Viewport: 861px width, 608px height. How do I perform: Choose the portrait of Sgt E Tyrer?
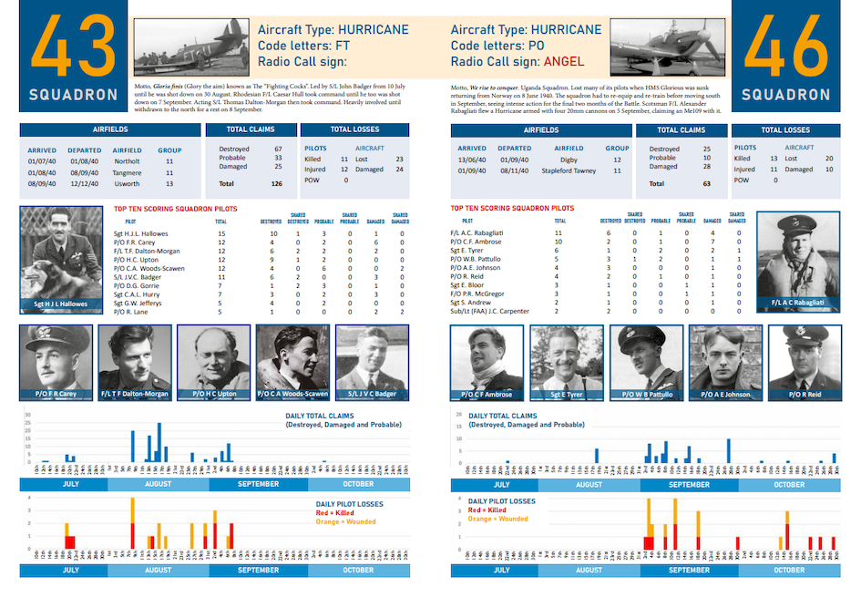565,363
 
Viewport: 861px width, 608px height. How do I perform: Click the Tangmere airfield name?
127,171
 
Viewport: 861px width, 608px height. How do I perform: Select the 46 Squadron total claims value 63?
707,183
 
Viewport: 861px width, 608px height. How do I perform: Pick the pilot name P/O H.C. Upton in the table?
137,259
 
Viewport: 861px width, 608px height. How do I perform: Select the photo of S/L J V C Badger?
371,363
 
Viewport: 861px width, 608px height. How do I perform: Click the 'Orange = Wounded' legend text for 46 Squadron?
497,519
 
